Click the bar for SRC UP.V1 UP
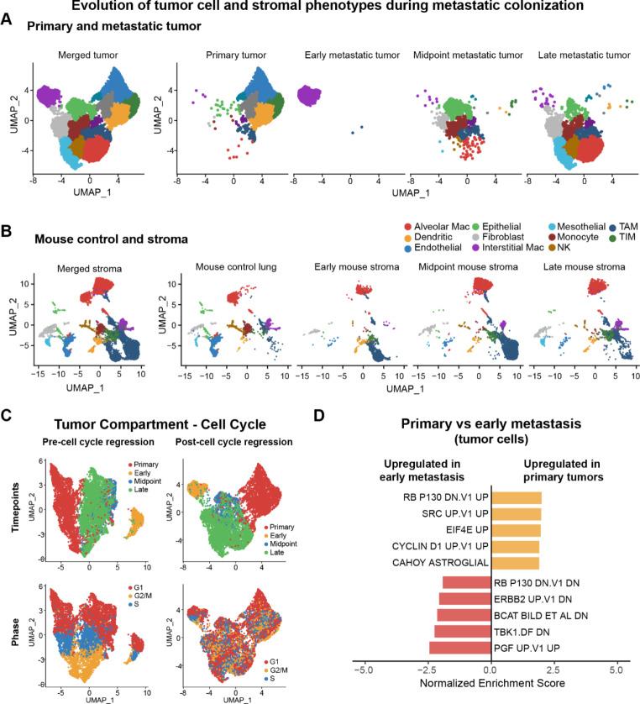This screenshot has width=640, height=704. click(x=516, y=522)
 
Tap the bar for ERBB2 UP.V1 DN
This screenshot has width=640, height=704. click(x=464, y=599)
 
